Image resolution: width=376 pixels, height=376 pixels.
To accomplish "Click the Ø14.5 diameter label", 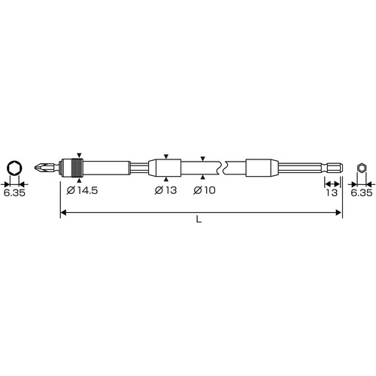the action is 82,190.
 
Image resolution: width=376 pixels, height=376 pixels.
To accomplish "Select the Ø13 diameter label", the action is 165,190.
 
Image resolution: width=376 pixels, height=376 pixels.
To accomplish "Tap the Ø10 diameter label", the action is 205,190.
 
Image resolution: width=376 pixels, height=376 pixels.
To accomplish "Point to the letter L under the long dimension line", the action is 199,220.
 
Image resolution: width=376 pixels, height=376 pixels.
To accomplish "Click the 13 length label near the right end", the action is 332,193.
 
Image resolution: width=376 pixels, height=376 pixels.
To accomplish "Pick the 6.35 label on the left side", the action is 14,193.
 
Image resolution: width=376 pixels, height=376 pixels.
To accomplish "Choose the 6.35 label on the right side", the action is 362,193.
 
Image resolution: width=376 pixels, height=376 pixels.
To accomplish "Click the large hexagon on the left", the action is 14,168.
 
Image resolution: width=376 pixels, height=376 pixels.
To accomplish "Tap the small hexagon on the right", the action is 361,168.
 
